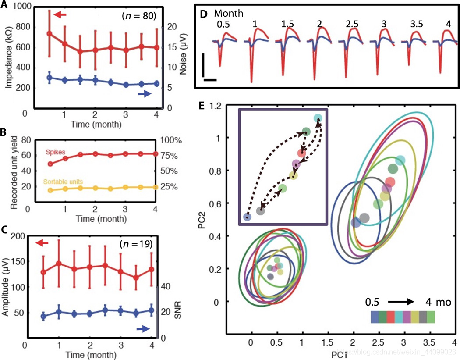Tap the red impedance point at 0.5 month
pos(50,33)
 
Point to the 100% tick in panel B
pos(168,141)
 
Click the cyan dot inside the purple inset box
pos(318,118)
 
